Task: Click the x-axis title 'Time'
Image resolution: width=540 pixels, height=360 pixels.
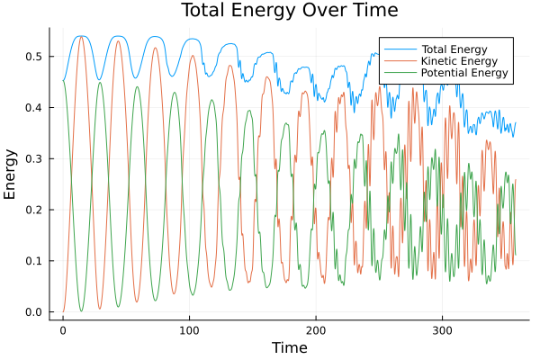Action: tap(289, 347)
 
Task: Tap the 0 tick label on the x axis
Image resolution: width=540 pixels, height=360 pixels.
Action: tap(63, 330)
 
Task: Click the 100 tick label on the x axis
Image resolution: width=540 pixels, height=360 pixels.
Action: tap(189, 330)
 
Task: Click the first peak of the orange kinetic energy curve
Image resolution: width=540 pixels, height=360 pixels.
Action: tap(81, 37)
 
